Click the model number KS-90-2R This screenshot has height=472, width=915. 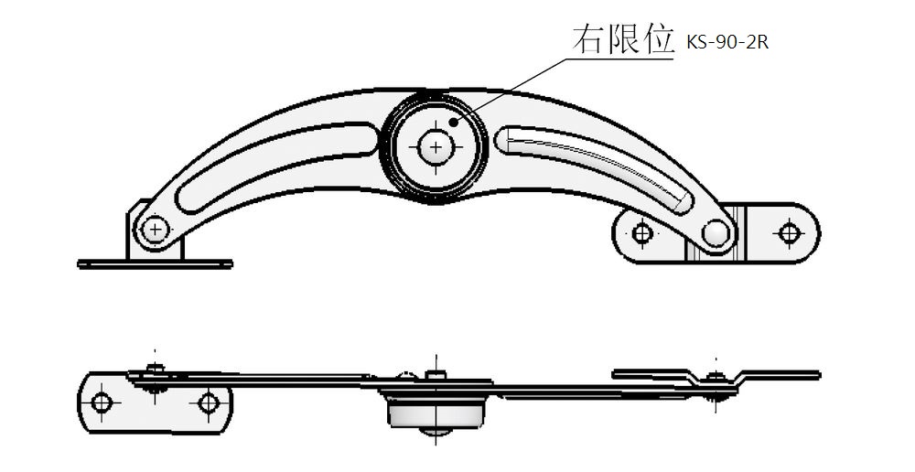(727, 43)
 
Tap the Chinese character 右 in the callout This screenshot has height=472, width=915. (587, 39)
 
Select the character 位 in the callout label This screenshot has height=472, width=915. (658, 39)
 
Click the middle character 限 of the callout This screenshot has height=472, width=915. (622, 39)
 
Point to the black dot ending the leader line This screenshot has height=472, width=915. (454, 122)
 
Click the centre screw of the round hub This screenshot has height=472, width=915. (436, 146)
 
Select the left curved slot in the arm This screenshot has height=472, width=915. (277, 166)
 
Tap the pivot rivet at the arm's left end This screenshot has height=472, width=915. (156, 230)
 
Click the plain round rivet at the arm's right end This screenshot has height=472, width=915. (716, 233)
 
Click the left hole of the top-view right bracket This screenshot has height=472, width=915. (642, 233)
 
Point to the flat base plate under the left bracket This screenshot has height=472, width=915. (156, 263)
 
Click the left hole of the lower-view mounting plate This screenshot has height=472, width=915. (102, 402)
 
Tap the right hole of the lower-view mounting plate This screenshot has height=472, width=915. (208, 402)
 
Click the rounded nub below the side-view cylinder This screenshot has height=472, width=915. (436, 432)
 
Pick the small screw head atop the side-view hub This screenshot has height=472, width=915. (436, 374)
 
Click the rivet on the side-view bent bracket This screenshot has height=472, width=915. (716, 385)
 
